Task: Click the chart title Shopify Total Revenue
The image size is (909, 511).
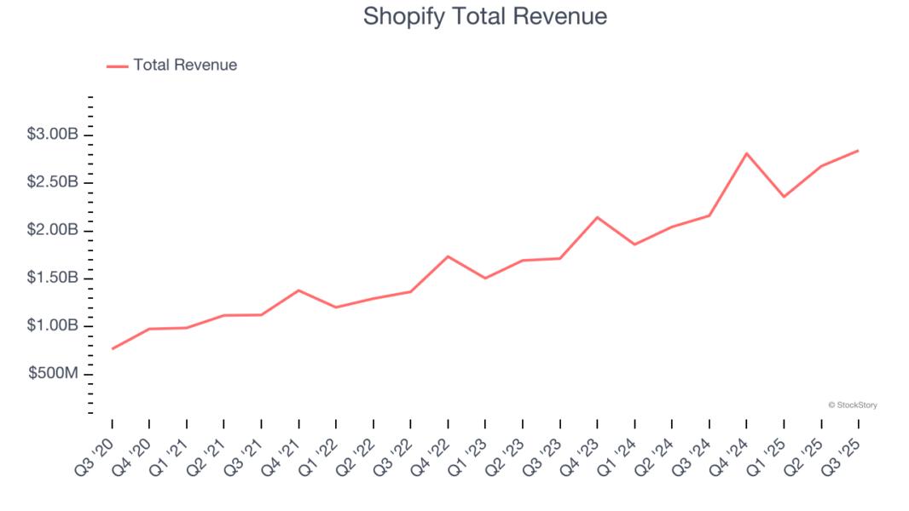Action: tap(484, 16)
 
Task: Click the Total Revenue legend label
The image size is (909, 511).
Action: tap(185, 65)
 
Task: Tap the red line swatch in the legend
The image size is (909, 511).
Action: tap(117, 66)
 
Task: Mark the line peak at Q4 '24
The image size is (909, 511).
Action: tap(747, 153)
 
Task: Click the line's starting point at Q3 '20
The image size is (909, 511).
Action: tap(112, 348)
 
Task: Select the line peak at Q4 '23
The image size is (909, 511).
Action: tap(597, 217)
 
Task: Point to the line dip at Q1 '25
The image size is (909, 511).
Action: tap(784, 197)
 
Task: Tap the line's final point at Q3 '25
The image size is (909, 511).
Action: tap(858, 151)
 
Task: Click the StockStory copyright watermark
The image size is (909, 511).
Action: tap(852, 405)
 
